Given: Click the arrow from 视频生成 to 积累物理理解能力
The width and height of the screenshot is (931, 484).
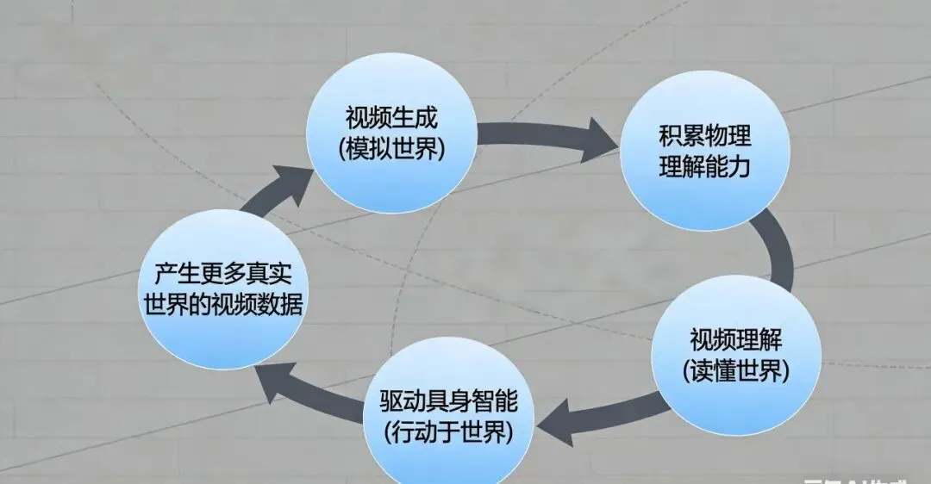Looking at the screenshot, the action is pos(547,140).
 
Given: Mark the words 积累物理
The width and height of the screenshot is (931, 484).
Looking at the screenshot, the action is pos(703,136).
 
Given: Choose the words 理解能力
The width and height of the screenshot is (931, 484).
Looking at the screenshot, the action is pos(703,167).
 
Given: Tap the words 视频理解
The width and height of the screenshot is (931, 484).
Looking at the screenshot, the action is pos(735,338).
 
